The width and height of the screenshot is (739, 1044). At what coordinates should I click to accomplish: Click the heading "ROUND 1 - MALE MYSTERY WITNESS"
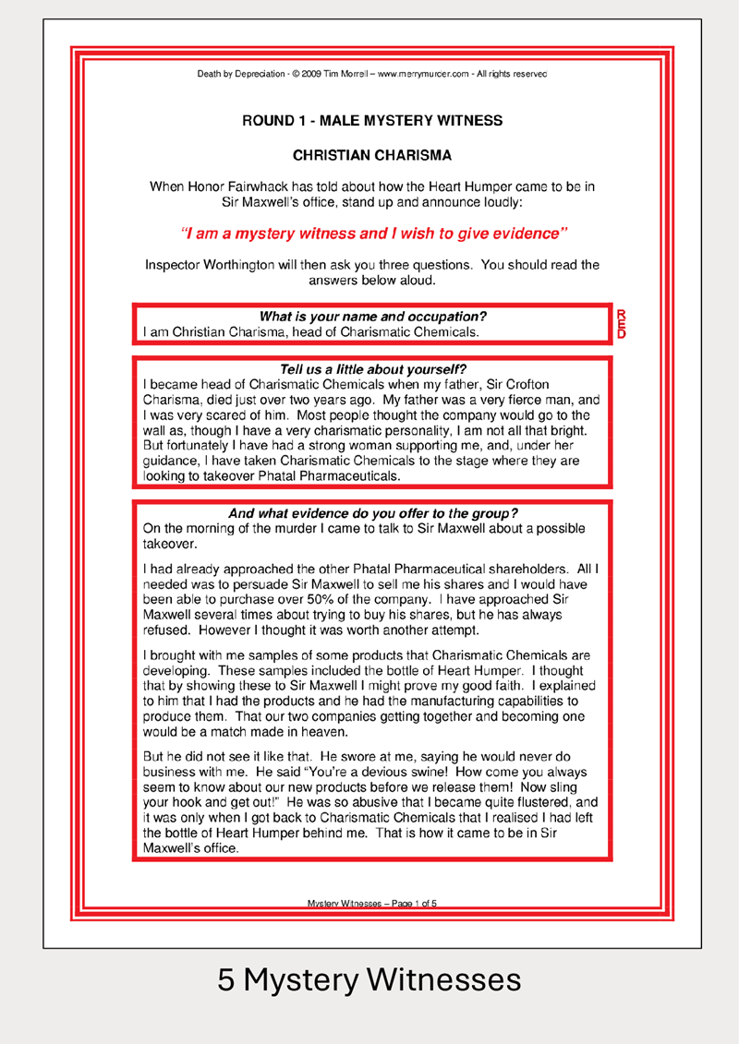[372, 121]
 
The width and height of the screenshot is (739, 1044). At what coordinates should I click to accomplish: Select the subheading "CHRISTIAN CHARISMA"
[372, 156]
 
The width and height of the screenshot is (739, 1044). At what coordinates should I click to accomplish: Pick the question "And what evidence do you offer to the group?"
[373, 513]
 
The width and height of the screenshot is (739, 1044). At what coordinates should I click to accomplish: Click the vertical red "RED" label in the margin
[621, 324]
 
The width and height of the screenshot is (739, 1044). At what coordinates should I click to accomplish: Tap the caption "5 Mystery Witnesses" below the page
[369, 979]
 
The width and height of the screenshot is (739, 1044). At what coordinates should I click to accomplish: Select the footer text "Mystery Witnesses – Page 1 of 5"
[372, 904]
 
